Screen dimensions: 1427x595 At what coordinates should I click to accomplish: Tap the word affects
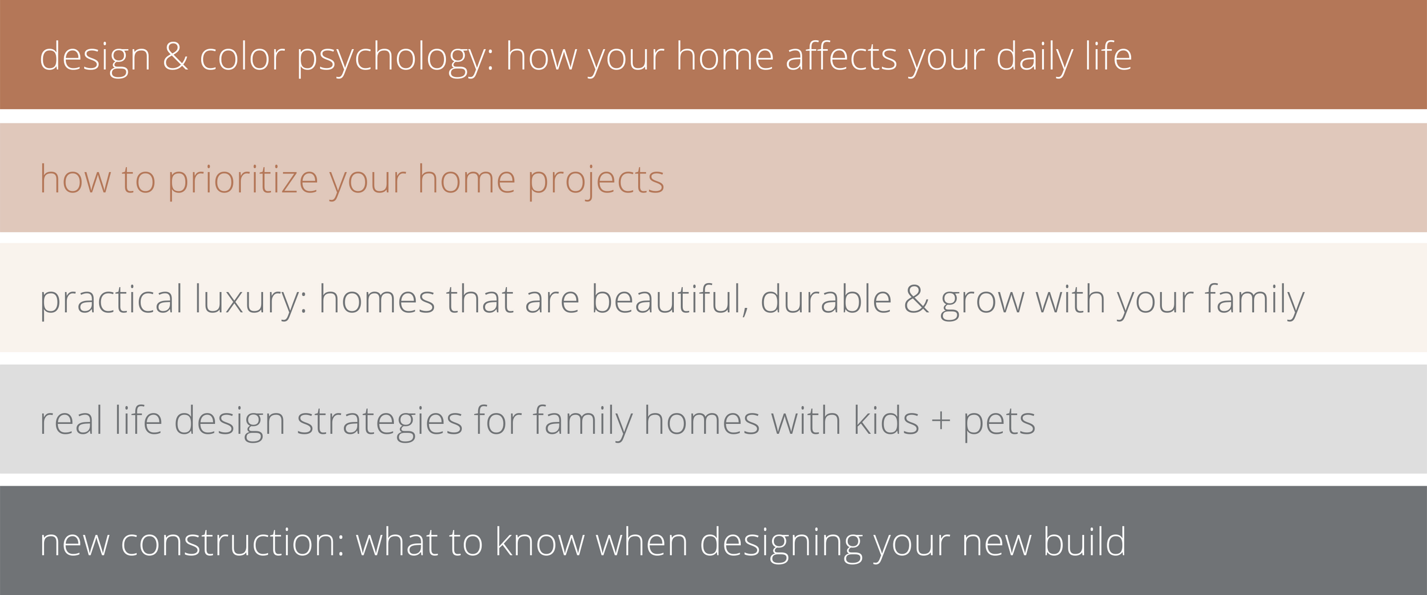(842, 56)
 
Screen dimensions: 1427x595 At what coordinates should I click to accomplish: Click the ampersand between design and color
(176, 57)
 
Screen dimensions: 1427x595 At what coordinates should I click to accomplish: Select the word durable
(826, 299)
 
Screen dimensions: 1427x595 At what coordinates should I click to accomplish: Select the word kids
(886, 419)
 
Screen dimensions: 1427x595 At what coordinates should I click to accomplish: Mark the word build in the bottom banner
(1085, 541)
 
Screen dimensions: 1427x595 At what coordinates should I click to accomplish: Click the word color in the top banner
(242, 56)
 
